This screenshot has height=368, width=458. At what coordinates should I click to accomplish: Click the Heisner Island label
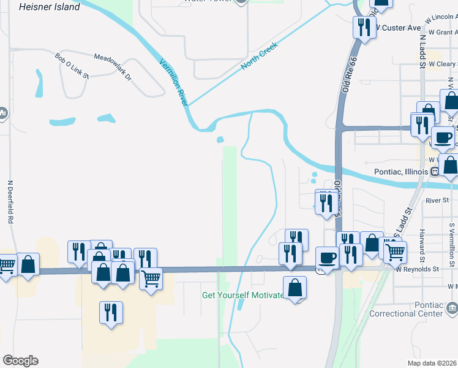(x=50, y=7)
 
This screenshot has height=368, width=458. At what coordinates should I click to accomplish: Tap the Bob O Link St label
(x=72, y=66)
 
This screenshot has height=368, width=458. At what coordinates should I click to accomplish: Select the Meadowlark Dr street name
(x=113, y=67)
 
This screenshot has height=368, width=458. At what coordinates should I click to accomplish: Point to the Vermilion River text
(x=174, y=82)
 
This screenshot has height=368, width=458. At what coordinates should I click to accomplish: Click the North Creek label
(x=259, y=55)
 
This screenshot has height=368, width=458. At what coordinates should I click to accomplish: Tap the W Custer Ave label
(x=399, y=28)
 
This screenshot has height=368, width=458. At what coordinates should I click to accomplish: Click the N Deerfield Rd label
(x=10, y=201)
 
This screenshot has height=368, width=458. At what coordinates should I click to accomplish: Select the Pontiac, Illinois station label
(x=399, y=172)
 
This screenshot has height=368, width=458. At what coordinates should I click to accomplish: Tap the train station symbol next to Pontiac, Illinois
(x=434, y=172)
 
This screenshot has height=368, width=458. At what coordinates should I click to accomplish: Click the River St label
(x=437, y=200)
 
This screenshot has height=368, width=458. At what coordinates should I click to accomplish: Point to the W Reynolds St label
(x=418, y=269)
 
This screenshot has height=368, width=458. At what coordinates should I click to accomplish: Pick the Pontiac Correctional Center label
(x=406, y=309)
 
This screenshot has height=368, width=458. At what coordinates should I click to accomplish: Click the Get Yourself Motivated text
(x=244, y=295)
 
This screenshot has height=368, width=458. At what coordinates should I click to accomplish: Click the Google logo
(x=20, y=361)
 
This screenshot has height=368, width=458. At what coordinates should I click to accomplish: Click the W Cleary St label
(x=442, y=64)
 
